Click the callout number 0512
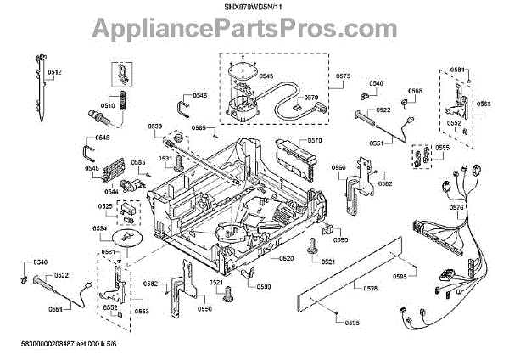coord(54,73)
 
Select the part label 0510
coord(108,106)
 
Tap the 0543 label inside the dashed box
coord(266,76)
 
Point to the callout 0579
coord(310,98)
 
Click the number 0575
coord(343,76)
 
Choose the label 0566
coord(415,91)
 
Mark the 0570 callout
coord(315,140)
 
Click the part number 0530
coord(155,127)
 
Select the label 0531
coord(165,158)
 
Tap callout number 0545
coord(92,168)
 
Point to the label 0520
coord(287,258)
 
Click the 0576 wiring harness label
coord(456,207)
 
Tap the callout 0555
coord(442,148)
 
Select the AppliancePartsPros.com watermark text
coord(255,33)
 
